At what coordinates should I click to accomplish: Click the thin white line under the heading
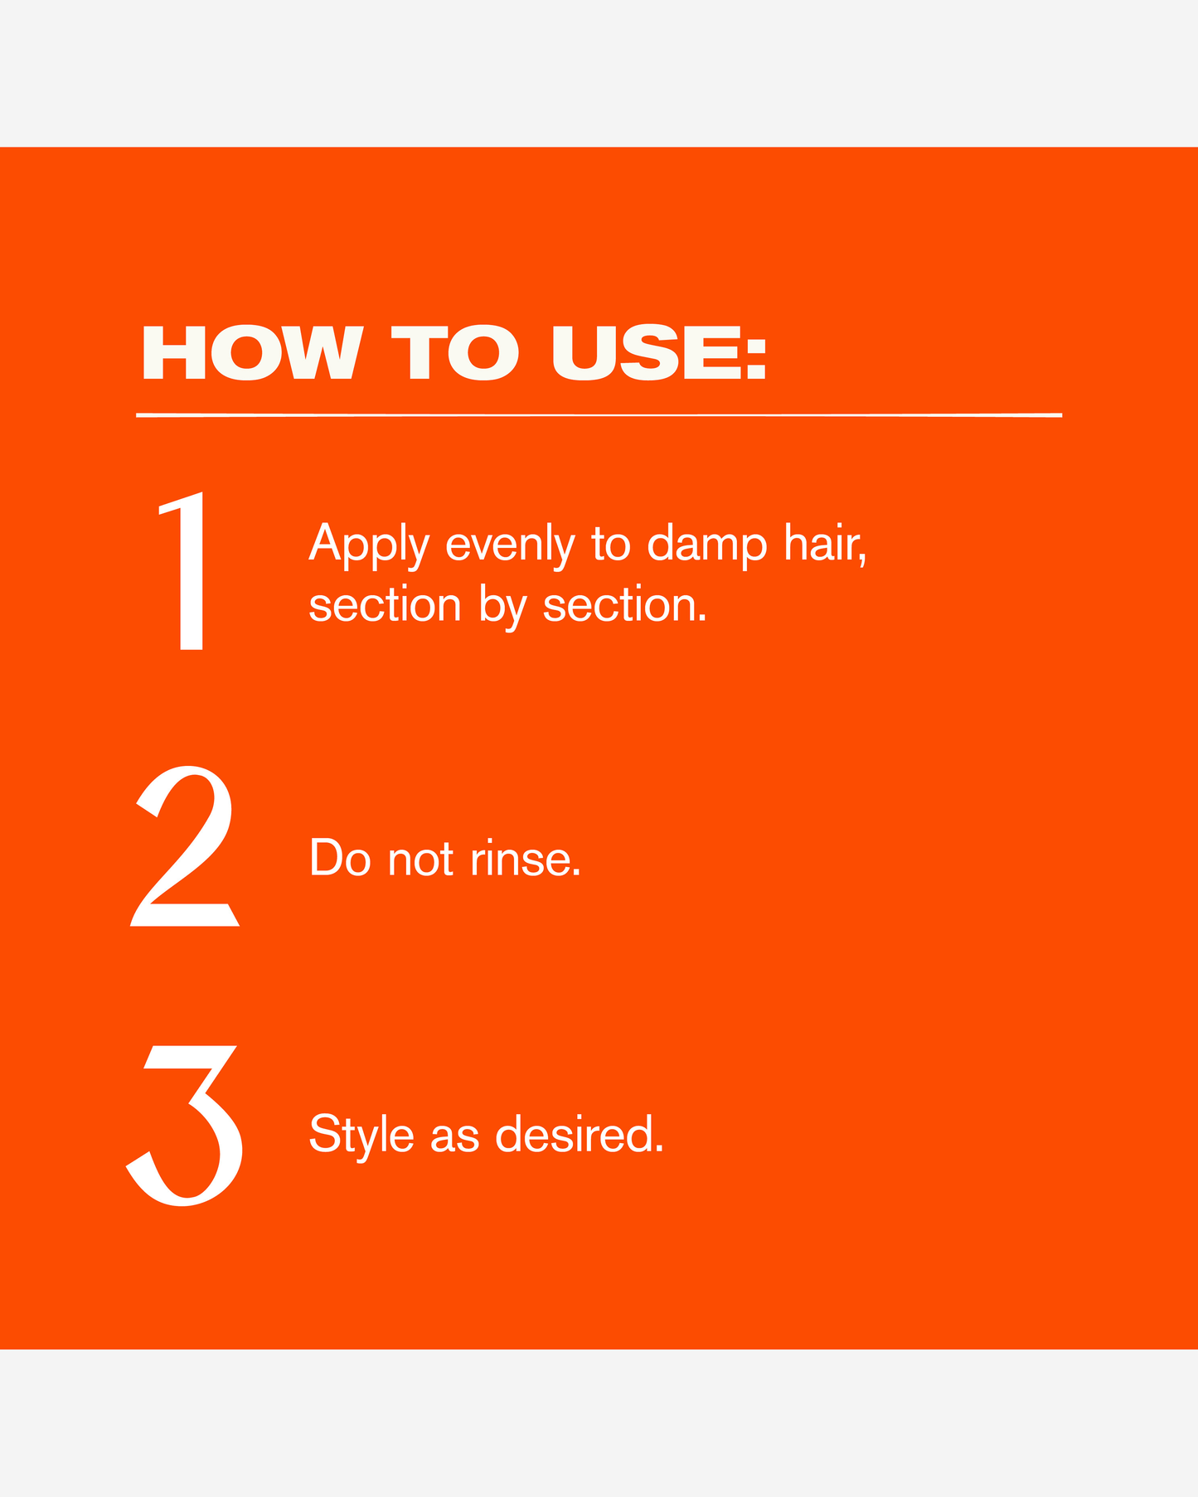coord(599,414)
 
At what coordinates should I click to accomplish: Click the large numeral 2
coord(185,845)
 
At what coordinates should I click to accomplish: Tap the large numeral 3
coord(185,1125)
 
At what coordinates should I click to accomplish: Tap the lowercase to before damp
coord(611,545)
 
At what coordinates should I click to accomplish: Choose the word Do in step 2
coord(340,858)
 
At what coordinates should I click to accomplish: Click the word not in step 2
coord(420,860)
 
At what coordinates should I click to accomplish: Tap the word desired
coord(580,1135)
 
